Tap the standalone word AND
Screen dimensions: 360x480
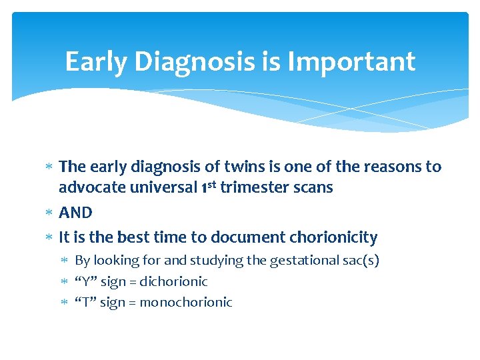coord(75,213)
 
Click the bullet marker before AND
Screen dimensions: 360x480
coord(49,213)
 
